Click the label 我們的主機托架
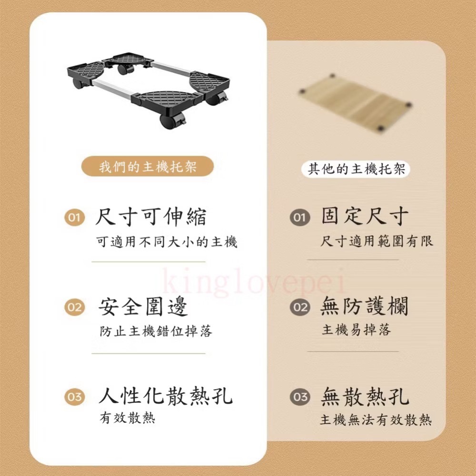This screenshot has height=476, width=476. point(148,168)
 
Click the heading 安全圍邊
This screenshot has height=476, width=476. point(143,307)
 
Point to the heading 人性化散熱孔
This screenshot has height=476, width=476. point(166,396)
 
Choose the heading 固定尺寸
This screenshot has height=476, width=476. point(365,217)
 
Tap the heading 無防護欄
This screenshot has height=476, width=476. point(365,306)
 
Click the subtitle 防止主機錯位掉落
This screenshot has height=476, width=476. point(156,331)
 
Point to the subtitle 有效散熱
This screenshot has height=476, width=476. point(127,418)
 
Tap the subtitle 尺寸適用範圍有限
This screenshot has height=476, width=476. point(377,241)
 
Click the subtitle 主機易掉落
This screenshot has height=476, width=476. point(356,330)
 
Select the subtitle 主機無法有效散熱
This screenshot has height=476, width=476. point(376,420)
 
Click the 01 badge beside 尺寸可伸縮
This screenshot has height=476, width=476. point(74,218)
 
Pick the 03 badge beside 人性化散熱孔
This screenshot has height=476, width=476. point(74,397)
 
